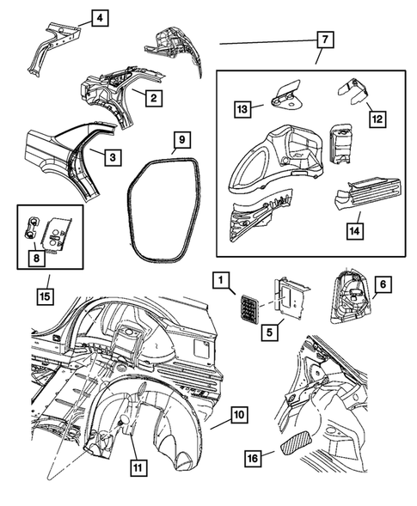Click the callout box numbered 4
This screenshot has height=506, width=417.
[100, 18]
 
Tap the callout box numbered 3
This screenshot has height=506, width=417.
[111, 157]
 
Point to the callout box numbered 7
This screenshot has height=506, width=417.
[323, 40]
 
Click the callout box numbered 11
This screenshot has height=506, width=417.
[138, 467]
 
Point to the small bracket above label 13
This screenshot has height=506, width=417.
[287, 90]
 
